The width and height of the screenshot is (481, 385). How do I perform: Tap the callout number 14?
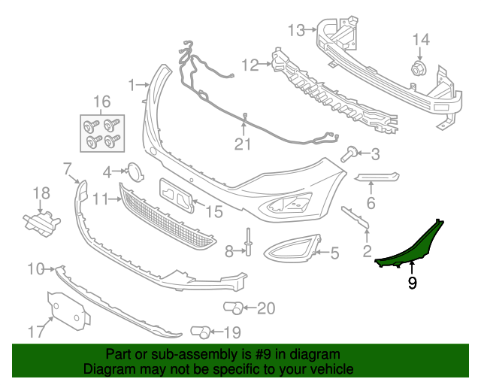pos(420,40)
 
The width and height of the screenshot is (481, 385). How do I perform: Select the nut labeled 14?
pos(417,71)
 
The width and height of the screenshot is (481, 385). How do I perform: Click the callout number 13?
pos(296,30)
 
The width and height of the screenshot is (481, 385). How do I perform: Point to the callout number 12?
pos(250,65)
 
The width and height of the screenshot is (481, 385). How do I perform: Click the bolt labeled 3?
pos(349,155)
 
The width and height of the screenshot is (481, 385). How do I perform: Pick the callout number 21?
pos(242,143)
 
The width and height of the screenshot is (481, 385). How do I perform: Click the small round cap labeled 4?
pos(134,171)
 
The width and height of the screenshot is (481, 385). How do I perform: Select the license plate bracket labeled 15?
pos(177,194)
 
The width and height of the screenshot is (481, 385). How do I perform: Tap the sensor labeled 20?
pos(233,307)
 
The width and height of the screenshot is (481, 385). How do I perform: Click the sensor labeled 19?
pos(200,331)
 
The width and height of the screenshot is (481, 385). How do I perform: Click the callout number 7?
pos(67,167)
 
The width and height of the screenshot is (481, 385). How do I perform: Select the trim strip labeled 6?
pos(376,177)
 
